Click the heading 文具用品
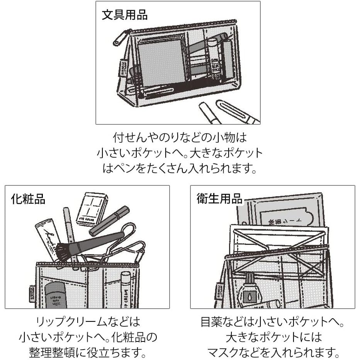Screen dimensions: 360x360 pos(124,15)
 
